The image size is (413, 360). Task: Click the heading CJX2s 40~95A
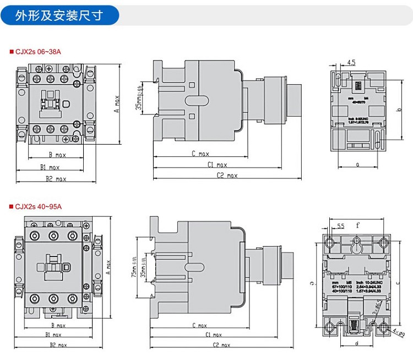(39, 207)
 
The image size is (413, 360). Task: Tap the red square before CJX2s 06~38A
(11, 52)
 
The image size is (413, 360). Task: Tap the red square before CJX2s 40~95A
(11, 207)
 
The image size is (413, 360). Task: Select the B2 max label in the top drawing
(56, 179)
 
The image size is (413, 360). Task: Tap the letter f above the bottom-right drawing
(358, 225)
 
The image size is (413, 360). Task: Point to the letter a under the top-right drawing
(357, 164)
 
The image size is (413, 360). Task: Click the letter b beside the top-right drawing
(398, 110)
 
